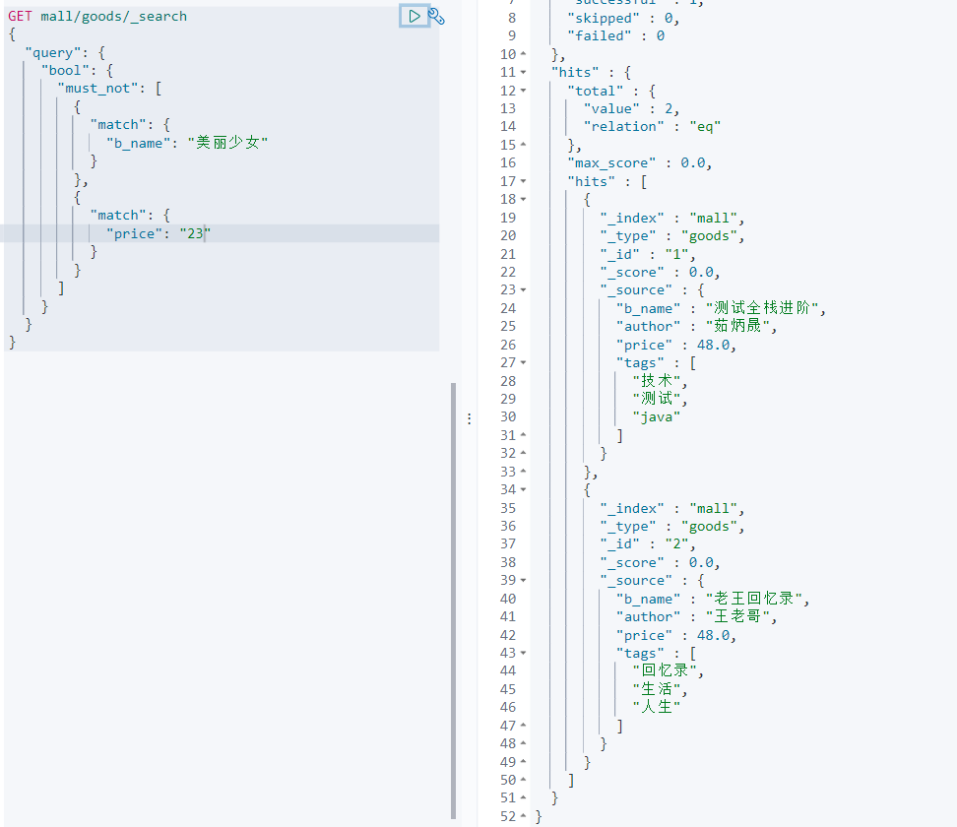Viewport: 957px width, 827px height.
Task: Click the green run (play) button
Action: point(415,16)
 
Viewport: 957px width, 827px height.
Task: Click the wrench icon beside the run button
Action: point(436,16)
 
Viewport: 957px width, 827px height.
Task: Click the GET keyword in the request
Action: point(20,16)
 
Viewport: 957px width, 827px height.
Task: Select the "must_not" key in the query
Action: point(99,88)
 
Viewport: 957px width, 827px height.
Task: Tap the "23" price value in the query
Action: point(194,232)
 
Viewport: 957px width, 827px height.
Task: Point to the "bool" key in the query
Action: point(68,70)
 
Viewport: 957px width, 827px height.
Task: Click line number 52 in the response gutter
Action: point(507,815)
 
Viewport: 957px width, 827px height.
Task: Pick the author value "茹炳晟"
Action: point(740,326)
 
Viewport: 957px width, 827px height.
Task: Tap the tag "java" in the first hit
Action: point(657,415)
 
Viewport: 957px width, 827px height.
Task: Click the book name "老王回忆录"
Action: point(755,598)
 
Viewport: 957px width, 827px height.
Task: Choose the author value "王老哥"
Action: point(740,616)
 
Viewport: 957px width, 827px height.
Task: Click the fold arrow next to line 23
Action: point(523,289)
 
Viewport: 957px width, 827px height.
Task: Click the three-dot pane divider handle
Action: point(469,417)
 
